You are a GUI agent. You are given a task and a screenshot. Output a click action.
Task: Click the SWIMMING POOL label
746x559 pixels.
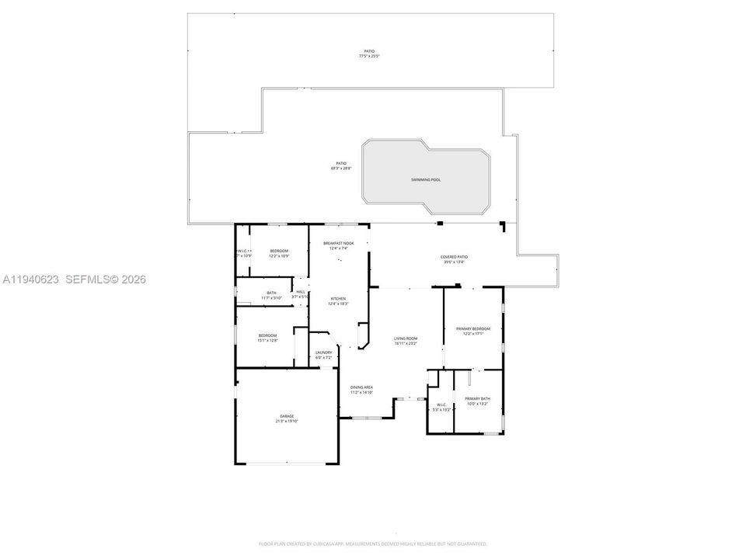click(x=426, y=179)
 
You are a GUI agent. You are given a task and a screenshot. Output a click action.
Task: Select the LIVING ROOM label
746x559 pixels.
click(x=406, y=339)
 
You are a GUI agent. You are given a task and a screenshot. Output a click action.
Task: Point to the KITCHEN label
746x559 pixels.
click(x=338, y=299)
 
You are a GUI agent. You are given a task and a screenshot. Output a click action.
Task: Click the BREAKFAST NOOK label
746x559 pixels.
click(x=339, y=243)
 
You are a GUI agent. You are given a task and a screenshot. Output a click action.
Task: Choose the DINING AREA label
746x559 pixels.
click(x=361, y=387)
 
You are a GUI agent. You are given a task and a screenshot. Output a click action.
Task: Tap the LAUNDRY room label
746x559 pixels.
click(x=324, y=352)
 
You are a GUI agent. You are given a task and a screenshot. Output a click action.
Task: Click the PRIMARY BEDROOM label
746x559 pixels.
click(x=472, y=328)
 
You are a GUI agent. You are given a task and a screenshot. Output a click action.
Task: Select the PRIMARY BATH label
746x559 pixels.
click(x=478, y=398)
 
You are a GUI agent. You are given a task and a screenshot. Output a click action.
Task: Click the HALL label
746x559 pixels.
click(x=300, y=292)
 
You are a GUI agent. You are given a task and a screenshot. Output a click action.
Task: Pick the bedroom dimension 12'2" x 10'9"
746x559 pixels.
click(x=279, y=255)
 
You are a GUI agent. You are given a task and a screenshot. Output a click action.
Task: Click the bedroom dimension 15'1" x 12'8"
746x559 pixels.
click(x=267, y=340)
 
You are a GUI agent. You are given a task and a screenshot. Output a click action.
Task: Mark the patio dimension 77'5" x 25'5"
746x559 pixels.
click(x=370, y=57)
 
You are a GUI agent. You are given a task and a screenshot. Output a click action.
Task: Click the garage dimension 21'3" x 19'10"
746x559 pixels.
click(x=288, y=421)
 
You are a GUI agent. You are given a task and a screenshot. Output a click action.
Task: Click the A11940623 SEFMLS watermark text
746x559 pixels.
click(x=74, y=279)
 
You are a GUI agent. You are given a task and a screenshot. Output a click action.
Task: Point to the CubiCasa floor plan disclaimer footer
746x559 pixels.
click(x=373, y=544)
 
